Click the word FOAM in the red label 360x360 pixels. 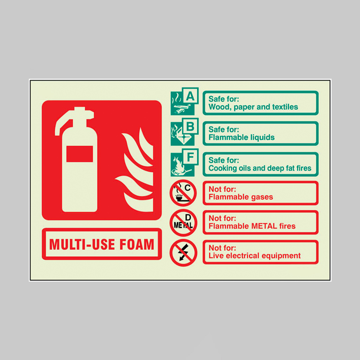pyautogui.click(x=137, y=244)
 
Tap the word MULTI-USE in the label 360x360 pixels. pyautogui.click(x=82, y=244)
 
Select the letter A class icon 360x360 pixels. pyautogui.click(x=184, y=101)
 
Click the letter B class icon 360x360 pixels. pyautogui.click(x=184, y=132)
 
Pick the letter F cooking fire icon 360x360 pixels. pyautogui.click(x=184, y=162)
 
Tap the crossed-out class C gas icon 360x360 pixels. pyautogui.click(x=183, y=193)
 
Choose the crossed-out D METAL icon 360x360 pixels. pyautogui.click(x=183, y=223)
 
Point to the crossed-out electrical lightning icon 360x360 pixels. pyautogui.click(x=183, y=252)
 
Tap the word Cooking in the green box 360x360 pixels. pyautogui.click(x=223, y=168)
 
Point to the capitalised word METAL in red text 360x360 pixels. pyautogui.click(x=264, y=226)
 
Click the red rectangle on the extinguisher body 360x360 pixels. pyautogui.click(x=80, y=154)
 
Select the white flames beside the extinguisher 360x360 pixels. pyautogui.click(x=135, y=170)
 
